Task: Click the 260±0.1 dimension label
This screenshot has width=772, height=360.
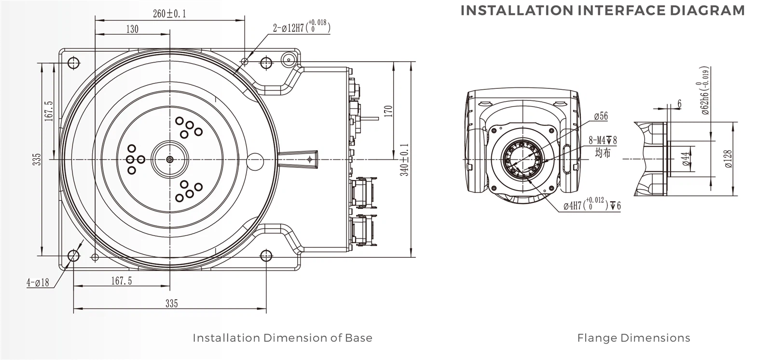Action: pos(169,14)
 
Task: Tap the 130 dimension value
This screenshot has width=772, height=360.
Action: pos(132,29)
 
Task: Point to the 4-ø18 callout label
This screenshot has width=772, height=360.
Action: pos(38,283)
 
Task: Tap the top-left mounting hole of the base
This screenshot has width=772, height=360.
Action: pos(74,63)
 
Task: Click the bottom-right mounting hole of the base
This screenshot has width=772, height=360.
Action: pos(265,255)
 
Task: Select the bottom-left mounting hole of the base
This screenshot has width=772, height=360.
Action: pos(74,255)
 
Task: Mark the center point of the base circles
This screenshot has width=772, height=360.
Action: pos(169,159)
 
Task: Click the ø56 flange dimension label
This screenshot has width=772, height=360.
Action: pos(601,116)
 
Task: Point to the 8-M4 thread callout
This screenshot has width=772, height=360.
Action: pos(603,140)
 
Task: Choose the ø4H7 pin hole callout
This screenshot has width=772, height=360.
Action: pos(592,205)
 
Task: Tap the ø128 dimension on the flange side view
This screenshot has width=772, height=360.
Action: pos(728,159)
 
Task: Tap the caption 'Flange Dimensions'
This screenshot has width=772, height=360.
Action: pos(634,338)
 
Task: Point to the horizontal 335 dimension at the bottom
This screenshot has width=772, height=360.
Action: pos(171,303)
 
